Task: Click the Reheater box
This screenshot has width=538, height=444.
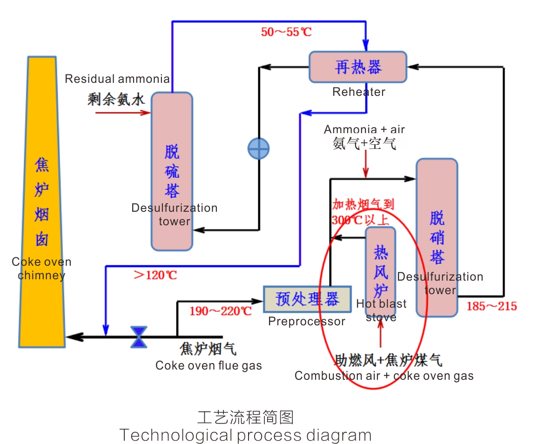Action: (x=358, y=67)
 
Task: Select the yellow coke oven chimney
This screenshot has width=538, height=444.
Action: (x=42, y=200)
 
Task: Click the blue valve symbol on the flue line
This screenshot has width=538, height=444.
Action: (x=138, y=336)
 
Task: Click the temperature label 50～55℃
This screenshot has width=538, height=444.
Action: (x=286, y=32)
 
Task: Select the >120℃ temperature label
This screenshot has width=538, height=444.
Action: (x=155, y=275)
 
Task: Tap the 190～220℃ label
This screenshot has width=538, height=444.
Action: (x=220, y=311)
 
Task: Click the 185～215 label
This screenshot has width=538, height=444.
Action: (x=492, y=306)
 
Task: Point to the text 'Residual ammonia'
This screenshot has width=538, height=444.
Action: (x=117, y=79)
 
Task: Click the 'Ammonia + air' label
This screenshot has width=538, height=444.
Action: (x=364, y=129)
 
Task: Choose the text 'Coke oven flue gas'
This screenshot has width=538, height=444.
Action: (x=208, y=365)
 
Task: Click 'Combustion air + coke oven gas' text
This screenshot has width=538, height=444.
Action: (x=384, y=376)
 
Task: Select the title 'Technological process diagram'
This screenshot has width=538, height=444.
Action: (x=245, y=435)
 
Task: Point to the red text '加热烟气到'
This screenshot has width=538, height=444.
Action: (x=363, y=204)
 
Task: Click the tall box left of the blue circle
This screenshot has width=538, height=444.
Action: (x=172, y=171)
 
